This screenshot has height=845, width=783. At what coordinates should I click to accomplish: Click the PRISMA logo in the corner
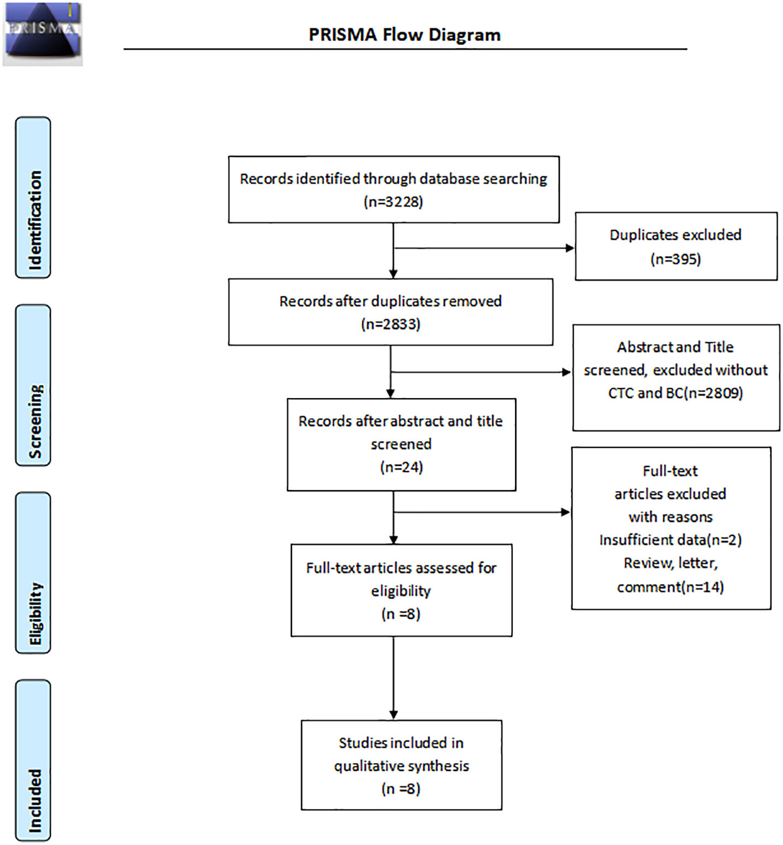[43, 34]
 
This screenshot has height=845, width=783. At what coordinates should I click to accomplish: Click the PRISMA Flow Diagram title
[404, 35]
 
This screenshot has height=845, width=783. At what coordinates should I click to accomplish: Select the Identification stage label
[33, 197]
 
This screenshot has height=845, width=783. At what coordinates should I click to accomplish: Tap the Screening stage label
[33, 385]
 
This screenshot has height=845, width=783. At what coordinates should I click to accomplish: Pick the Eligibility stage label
[33, 572]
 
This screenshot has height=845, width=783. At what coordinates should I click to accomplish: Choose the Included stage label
[33, 760]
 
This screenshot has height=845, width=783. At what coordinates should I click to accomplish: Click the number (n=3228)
[393, 202]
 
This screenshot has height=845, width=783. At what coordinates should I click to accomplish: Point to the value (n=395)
[675, 259]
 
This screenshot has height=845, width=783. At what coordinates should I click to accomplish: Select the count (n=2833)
[391, 324]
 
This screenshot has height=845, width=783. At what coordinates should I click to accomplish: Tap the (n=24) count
[401, 467]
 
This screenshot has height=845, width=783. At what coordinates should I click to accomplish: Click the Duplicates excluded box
[676, 246]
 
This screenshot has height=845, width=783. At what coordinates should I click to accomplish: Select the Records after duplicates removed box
[391, 312]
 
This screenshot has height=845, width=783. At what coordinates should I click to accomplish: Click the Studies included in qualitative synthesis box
[401, 765]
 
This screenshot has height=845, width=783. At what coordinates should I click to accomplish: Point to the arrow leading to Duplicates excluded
[484, 248]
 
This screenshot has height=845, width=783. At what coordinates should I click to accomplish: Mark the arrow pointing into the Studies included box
[393, 678]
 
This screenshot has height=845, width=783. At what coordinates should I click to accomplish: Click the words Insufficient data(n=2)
[670, 540]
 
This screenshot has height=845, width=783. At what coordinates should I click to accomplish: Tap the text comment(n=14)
[670, 587]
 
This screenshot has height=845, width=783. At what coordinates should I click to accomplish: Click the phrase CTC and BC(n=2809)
[675, 393]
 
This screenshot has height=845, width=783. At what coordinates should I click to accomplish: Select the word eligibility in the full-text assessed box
[401, 591]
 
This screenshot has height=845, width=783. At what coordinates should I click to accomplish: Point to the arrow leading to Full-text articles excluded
[482, 512]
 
